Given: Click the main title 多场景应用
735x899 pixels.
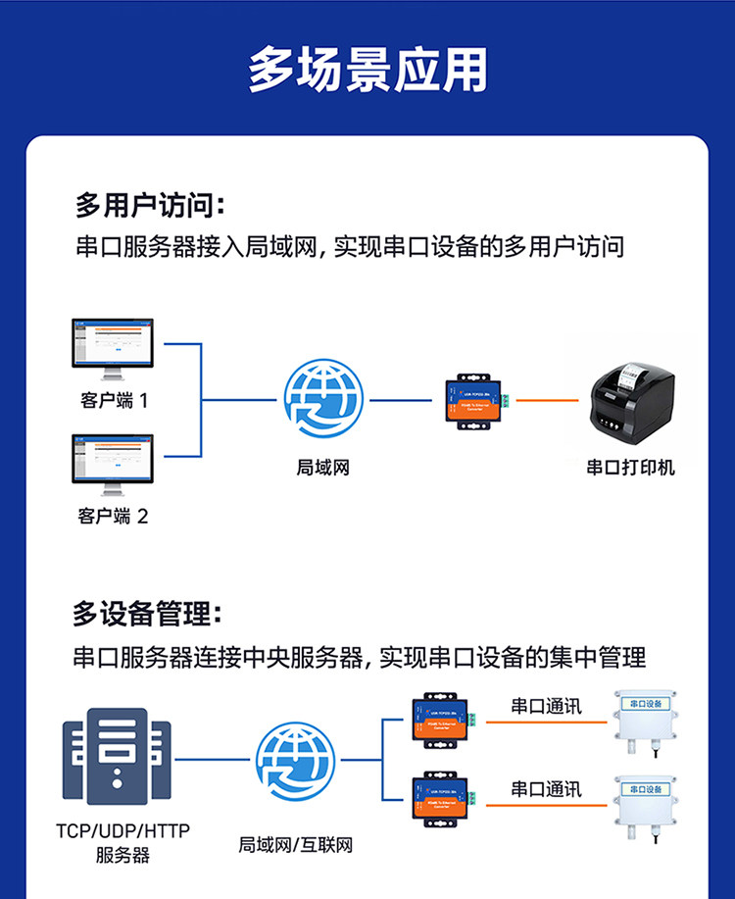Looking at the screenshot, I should tap(367, 71).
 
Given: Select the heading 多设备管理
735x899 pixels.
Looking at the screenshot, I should tap(148, 615).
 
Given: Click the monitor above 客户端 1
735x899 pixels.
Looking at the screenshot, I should tap(113, 349).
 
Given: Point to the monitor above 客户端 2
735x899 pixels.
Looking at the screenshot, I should tap(113, 465).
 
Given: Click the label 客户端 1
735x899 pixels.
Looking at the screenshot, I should tap(114, 401).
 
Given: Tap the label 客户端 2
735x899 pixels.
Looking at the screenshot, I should tap(114, 517).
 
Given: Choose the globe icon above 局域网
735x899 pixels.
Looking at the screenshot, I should tap(323, 400).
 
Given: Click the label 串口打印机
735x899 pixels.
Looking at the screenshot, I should tap(630, 468).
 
